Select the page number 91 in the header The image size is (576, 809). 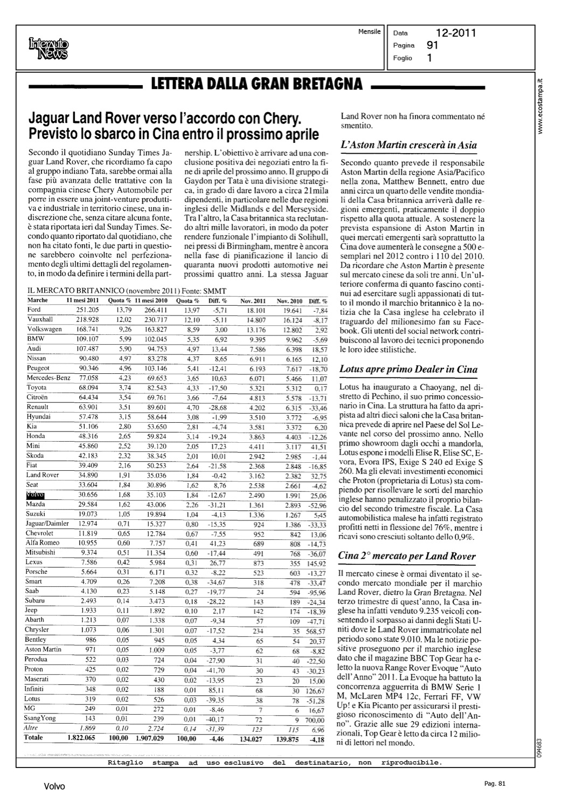[x=432, y=46]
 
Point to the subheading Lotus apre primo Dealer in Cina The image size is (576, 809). [x=408, y=369]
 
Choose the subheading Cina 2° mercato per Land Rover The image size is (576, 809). [x=407, y=556]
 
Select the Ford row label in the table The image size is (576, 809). [x=34, y=310]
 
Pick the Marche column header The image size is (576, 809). [x=37, y=300]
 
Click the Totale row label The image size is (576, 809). [x=33, y=737]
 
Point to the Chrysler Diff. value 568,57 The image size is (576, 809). [x=315, y=632]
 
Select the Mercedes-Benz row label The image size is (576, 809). [x=48, y=378]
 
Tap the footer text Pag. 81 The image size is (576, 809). [x=494, y=784]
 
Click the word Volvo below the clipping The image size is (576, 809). [x=54, y=787]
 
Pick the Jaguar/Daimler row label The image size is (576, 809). [x=47, y=524]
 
